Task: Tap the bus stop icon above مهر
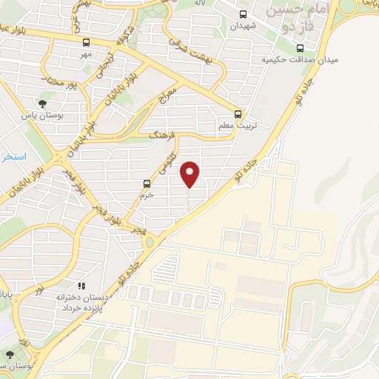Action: (87, 42)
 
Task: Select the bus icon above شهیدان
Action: (244, 14)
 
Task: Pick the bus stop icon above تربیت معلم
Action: (238, 114)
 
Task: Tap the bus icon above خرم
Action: (146, 183)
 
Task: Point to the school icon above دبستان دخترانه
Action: (81, 285)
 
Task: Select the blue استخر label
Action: (14, 157)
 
